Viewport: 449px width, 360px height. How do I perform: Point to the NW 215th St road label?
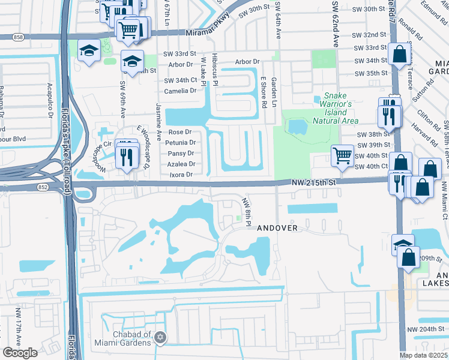point(314,181)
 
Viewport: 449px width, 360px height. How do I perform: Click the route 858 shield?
point(18,37)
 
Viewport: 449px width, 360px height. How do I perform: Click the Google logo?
point(20,352)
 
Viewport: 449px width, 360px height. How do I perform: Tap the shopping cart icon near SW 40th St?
point(342,155)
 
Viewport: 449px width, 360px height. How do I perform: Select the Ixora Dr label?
point(181,175)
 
